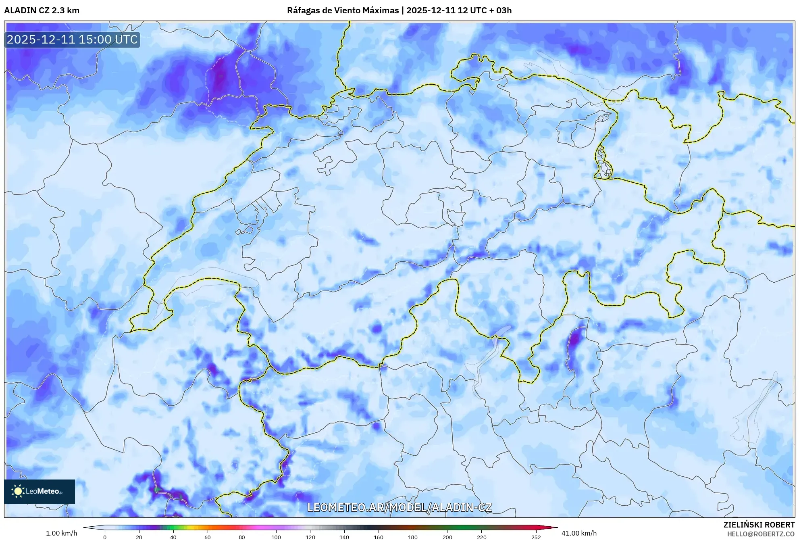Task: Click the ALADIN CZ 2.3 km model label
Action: (x=42, y=10)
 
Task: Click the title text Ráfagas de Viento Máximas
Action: (x=343, y=10)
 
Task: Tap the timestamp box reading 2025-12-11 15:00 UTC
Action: (x=72, y=40)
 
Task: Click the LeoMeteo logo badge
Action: (x=40, y=491)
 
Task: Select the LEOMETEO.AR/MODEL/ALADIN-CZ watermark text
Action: (x=399, y=507)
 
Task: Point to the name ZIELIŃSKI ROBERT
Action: (x=759, y=525)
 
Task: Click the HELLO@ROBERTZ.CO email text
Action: (x=761, y=534)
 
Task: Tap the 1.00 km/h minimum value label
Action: (x=61, y=533)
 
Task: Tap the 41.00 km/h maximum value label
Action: (x=579, y=533)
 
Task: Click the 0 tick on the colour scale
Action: (x=105, y=537)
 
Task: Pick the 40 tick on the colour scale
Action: (x=173, y=537)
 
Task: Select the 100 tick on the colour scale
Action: (x=276, y=537)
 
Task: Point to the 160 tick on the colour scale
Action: (x=379, y=537)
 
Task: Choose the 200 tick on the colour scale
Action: (x=447, y=537)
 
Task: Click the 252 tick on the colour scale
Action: (x=536, y=537)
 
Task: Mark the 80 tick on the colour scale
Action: (x=242, y=537)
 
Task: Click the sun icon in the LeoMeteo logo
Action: (x=18, y=491)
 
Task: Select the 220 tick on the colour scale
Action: (x=481, y=537)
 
